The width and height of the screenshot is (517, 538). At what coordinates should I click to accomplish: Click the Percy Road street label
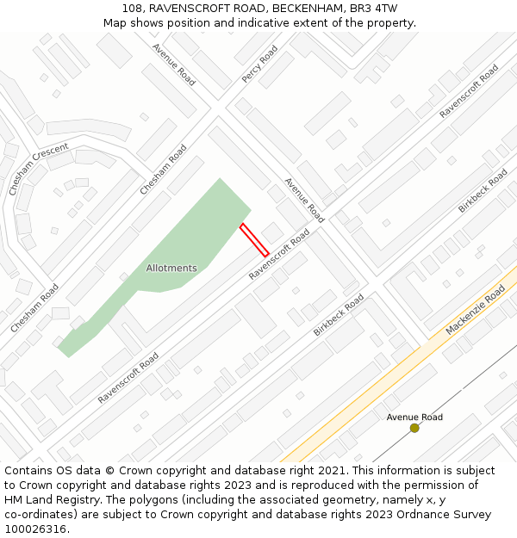click(x=259, y=65)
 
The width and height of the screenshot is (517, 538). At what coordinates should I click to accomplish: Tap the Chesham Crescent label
click(x=38, y=170)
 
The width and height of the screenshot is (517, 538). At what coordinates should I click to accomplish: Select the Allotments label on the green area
click(x=171, y=268)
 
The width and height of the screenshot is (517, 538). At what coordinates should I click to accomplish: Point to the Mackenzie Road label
click(x=476, y=311)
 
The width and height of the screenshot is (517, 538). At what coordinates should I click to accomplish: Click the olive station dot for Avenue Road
click(x=414, y=428)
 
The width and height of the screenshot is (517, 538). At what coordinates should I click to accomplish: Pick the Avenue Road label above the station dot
click(x=414, y=417)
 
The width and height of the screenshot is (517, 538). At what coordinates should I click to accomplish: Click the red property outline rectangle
click(x=254, y=239)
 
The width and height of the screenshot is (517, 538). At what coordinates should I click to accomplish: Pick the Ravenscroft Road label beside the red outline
click(x=279, y=254)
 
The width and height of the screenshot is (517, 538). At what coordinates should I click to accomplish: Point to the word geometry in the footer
click(x=328, y=500)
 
